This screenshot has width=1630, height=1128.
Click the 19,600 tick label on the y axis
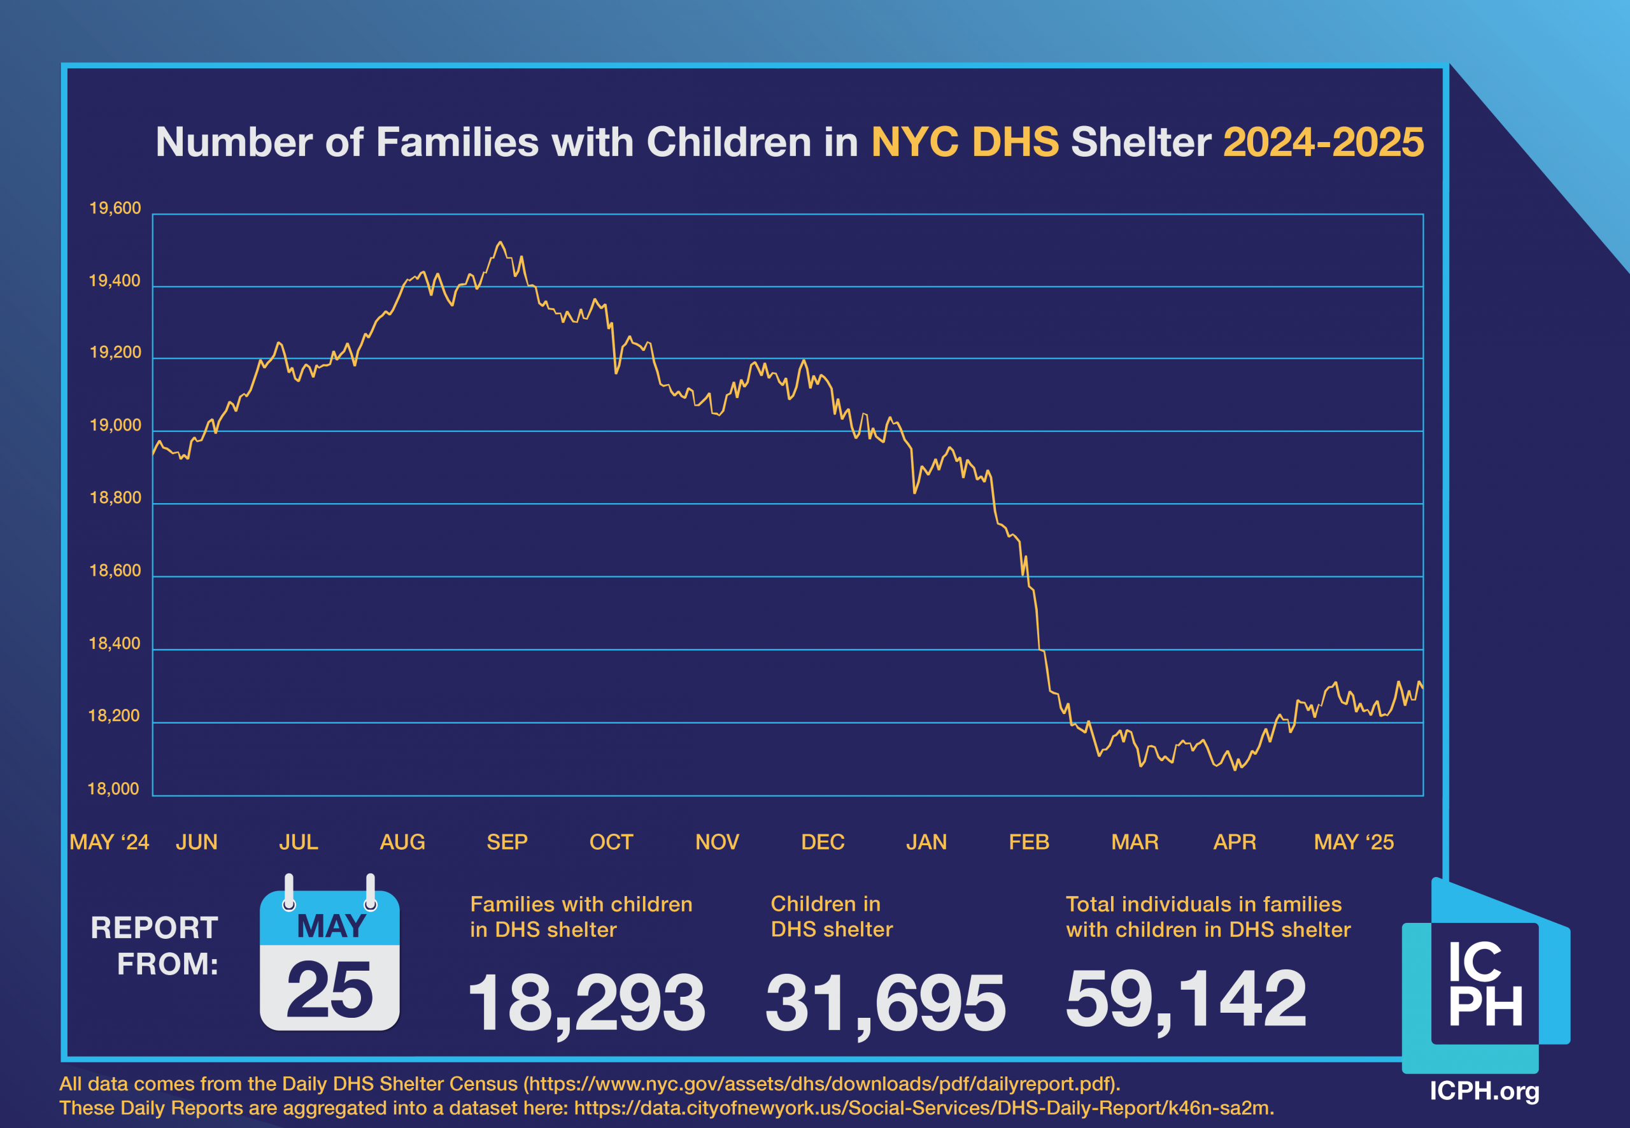[x=115, y=208]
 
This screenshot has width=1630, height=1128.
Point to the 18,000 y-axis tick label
[x=113, y=789]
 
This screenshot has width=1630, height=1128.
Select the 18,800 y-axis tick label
[x=115, y=497]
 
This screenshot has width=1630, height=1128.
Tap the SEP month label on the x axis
[x=507, y=842]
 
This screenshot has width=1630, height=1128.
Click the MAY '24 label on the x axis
[x=109, y=842]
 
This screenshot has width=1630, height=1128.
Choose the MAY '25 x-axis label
[x=1353, y=842]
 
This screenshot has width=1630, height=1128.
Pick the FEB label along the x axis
[x=1029, y=842]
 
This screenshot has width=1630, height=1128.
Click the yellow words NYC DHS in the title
[x=965, y=142]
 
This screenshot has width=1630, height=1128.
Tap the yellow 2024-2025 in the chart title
[x=1322, y=142]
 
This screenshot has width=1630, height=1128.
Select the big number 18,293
[x=586, y=1002]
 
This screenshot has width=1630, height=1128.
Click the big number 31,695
[x=884, y=1002]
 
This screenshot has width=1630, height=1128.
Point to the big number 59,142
[x=1186, y=998]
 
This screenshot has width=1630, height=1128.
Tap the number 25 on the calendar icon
[x=329, y=990]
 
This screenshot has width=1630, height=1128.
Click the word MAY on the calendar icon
[x=330, y=926]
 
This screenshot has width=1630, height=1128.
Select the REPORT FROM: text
[x=155, y=946]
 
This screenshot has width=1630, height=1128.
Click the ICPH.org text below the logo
[x=1484, y=1090]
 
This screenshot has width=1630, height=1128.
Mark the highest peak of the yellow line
[x=500, y=243]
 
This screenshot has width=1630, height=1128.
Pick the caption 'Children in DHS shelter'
[x=832, y=916]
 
